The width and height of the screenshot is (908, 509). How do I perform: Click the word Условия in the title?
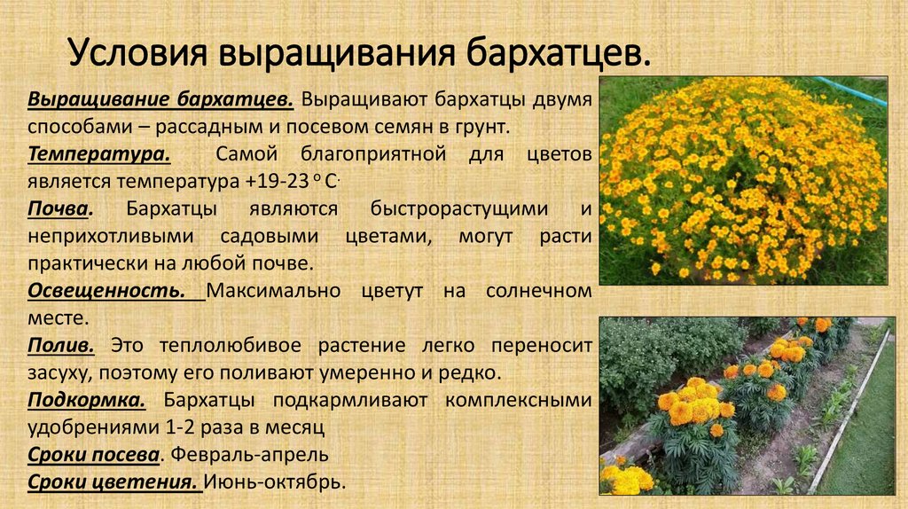[x=137, y=52]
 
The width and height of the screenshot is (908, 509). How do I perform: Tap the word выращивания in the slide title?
[x=338, y=53]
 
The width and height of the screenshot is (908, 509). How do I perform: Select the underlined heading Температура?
[x=99, y=154]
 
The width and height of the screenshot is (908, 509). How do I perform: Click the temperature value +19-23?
[x=277, y=181]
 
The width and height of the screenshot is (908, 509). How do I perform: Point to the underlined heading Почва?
[x=60, y=208]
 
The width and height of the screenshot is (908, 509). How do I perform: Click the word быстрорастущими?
[x=459, y=209]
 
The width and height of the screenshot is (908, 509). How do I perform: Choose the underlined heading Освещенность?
[x=106, y=291]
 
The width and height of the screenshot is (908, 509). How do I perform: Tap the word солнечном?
[x=538, y=290]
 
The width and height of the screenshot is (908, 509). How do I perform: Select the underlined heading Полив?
[x=61, y=345]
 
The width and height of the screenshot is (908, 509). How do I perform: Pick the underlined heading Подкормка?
[x=86, y=400]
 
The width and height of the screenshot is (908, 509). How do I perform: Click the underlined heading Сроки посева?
[x=93, y=455]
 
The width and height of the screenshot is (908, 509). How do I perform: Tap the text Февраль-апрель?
[x=249, y=455]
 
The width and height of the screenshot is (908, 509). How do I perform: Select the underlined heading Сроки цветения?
[x=113, y=482]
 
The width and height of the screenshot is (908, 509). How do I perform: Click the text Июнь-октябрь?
[x=275, y=482]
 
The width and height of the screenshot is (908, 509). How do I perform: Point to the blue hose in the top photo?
[x=850, y=90]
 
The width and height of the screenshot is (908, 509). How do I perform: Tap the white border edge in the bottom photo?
[x=849, y=411]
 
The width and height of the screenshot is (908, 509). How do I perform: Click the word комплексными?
[x=518, y=400]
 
